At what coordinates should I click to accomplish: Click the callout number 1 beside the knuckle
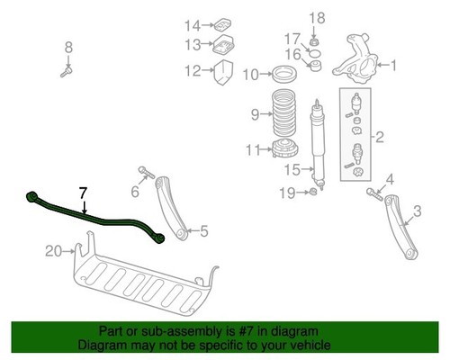click(x=392, y=64)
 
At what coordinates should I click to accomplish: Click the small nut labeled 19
click(x=310, y=192)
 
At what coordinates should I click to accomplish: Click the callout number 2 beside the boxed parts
click(x=381, y=138)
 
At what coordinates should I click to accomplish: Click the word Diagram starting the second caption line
click(x=102, y=345)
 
